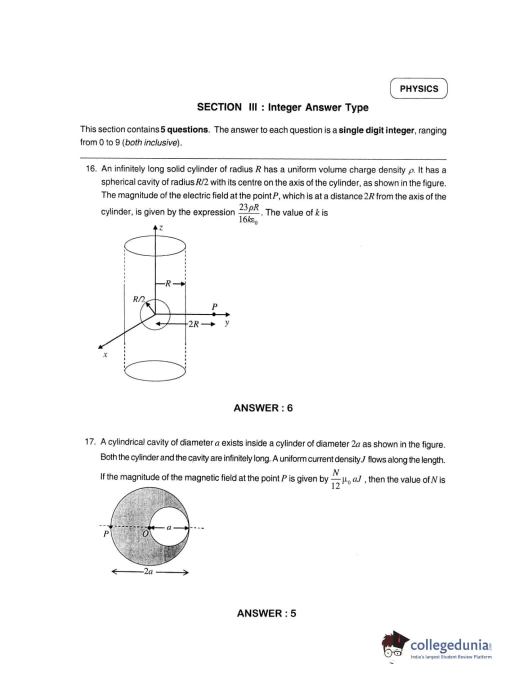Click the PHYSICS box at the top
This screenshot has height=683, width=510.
[x=418, y=88]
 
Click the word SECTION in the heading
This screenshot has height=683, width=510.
[x=219, y=107]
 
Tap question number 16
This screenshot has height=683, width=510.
[x=91, y=169]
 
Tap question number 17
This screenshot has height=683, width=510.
[x=90, y=442]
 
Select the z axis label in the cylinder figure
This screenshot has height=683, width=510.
[x=161, y=228]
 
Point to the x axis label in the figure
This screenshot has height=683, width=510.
[x=105, y=355]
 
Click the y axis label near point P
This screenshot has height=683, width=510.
[x=227, y=323]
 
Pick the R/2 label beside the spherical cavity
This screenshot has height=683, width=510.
[x=138, y=299]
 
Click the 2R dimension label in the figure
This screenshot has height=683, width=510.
[x=193, y=324]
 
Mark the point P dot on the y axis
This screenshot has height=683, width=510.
[x=214, y=314]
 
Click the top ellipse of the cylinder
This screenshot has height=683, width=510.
[x=155, y=246]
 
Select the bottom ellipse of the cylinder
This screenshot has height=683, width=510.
[x=155, y=371]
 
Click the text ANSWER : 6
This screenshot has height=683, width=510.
[x=263, y=408]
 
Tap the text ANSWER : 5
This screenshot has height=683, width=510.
[x=266, y=613]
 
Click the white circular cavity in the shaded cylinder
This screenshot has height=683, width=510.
[x=169, y=526]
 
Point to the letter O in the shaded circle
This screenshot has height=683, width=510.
[x=145, y=534]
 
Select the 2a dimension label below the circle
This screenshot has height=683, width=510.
[x=148, y=571]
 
